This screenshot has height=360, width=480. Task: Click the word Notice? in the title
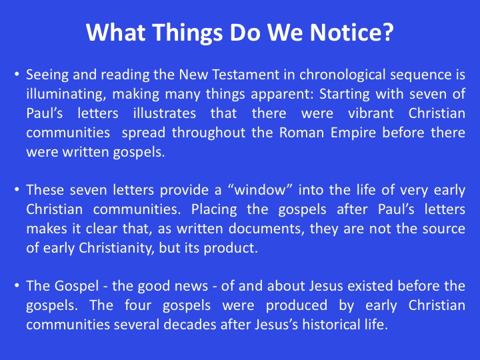click(351, 32)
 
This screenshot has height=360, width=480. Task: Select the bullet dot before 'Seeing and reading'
click(17, 74)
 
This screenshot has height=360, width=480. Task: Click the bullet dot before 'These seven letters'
click(17, 189)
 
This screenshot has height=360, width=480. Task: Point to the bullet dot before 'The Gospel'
click(17, 285)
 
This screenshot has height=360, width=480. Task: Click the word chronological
click(342, 75)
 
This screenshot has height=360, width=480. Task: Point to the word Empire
click(353, 133)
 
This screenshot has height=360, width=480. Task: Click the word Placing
click(214, 210)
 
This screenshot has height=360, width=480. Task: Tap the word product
click(231, 248)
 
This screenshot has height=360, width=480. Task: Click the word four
click(138, 305)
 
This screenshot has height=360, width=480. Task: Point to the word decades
click(190, 325)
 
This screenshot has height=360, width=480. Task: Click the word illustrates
click(165, 113)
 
